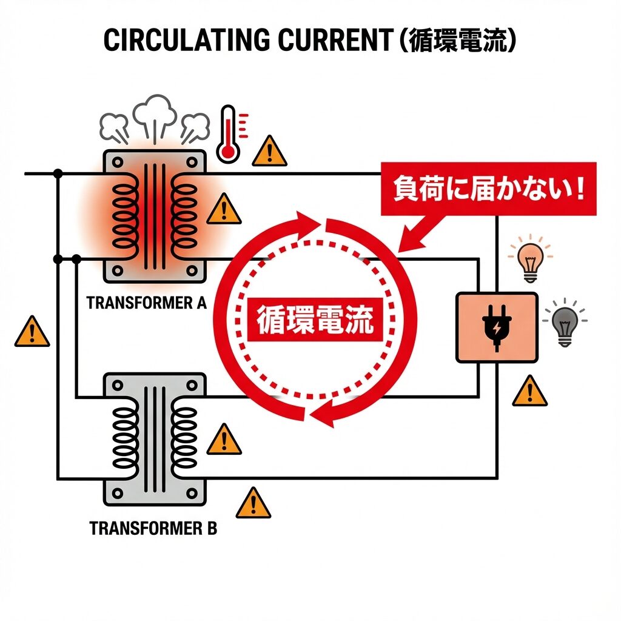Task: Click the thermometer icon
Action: coord(229,134)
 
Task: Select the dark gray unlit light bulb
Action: coord(565,325)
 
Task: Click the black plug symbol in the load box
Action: coord(496,328)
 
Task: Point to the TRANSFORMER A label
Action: coord(147,303)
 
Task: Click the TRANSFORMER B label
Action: coord(153,528)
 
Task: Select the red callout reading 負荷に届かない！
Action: coord(488,189)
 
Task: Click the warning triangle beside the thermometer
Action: coord(269,152)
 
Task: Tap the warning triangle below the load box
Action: coord(529,392)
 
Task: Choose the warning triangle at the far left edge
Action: coord(32,332)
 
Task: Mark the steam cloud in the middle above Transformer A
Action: coord(154,113)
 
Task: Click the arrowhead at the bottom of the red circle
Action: coord(321,415)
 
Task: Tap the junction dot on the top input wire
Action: coord(58,174)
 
